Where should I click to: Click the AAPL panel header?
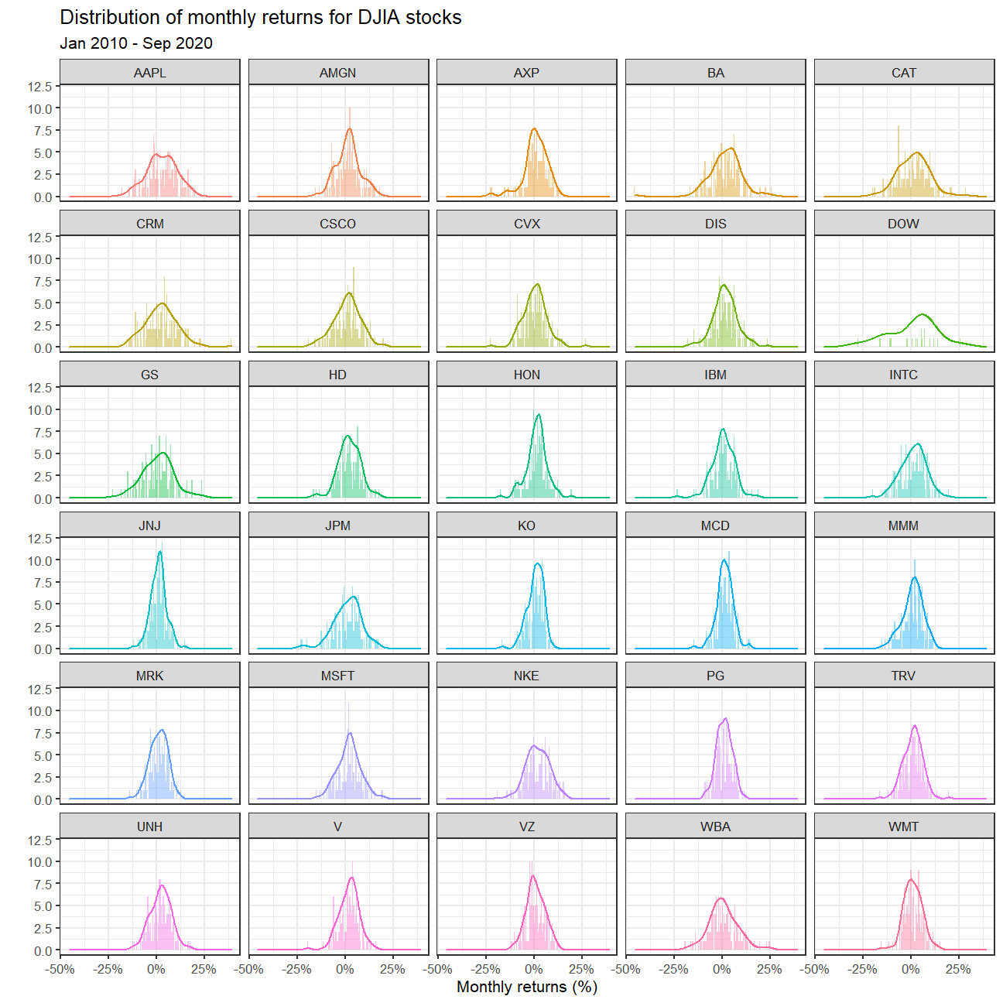149,73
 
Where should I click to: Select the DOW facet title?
903,224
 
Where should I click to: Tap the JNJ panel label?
149,525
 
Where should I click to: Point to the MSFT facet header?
338,676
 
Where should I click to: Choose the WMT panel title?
903,827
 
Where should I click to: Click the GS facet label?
149,375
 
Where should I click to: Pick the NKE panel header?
526,676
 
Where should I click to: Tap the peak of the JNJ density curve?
160,552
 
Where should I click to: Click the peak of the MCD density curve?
724,560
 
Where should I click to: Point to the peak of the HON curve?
538,415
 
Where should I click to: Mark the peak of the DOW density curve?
923,314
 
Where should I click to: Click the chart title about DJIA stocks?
261,17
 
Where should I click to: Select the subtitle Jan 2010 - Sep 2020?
136,43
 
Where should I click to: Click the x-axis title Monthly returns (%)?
527,987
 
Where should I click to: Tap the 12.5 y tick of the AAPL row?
40,86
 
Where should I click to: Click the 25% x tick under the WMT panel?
958,969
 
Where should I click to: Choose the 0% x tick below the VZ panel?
533,969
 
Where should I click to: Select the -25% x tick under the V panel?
297,969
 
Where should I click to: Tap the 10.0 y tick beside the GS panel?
40,410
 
